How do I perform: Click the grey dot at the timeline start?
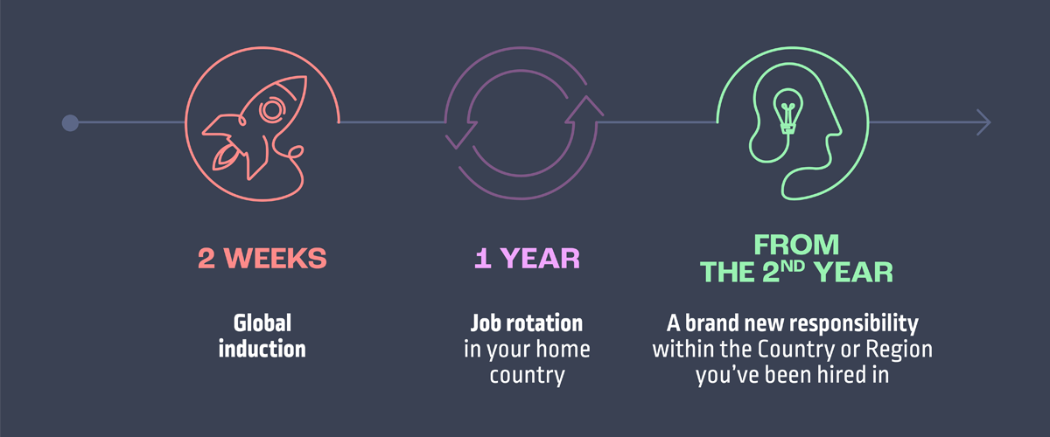tap(70, 122)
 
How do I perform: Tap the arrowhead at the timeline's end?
tap(983, 122)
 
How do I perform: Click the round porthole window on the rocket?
tap(272, 110)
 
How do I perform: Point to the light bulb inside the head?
tap(788, 112)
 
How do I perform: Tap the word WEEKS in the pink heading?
tap(275, 258)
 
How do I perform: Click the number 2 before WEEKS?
tap(206, 258)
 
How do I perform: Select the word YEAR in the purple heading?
tap(540, 258)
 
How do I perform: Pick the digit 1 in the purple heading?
tap(483, 258)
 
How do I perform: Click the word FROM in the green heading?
tap(796, 245)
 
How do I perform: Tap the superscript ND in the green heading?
tap(793, 266)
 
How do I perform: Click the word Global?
tap(262, 323)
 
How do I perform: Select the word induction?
tap(262, 349)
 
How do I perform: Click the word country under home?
tap(528, 376)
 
